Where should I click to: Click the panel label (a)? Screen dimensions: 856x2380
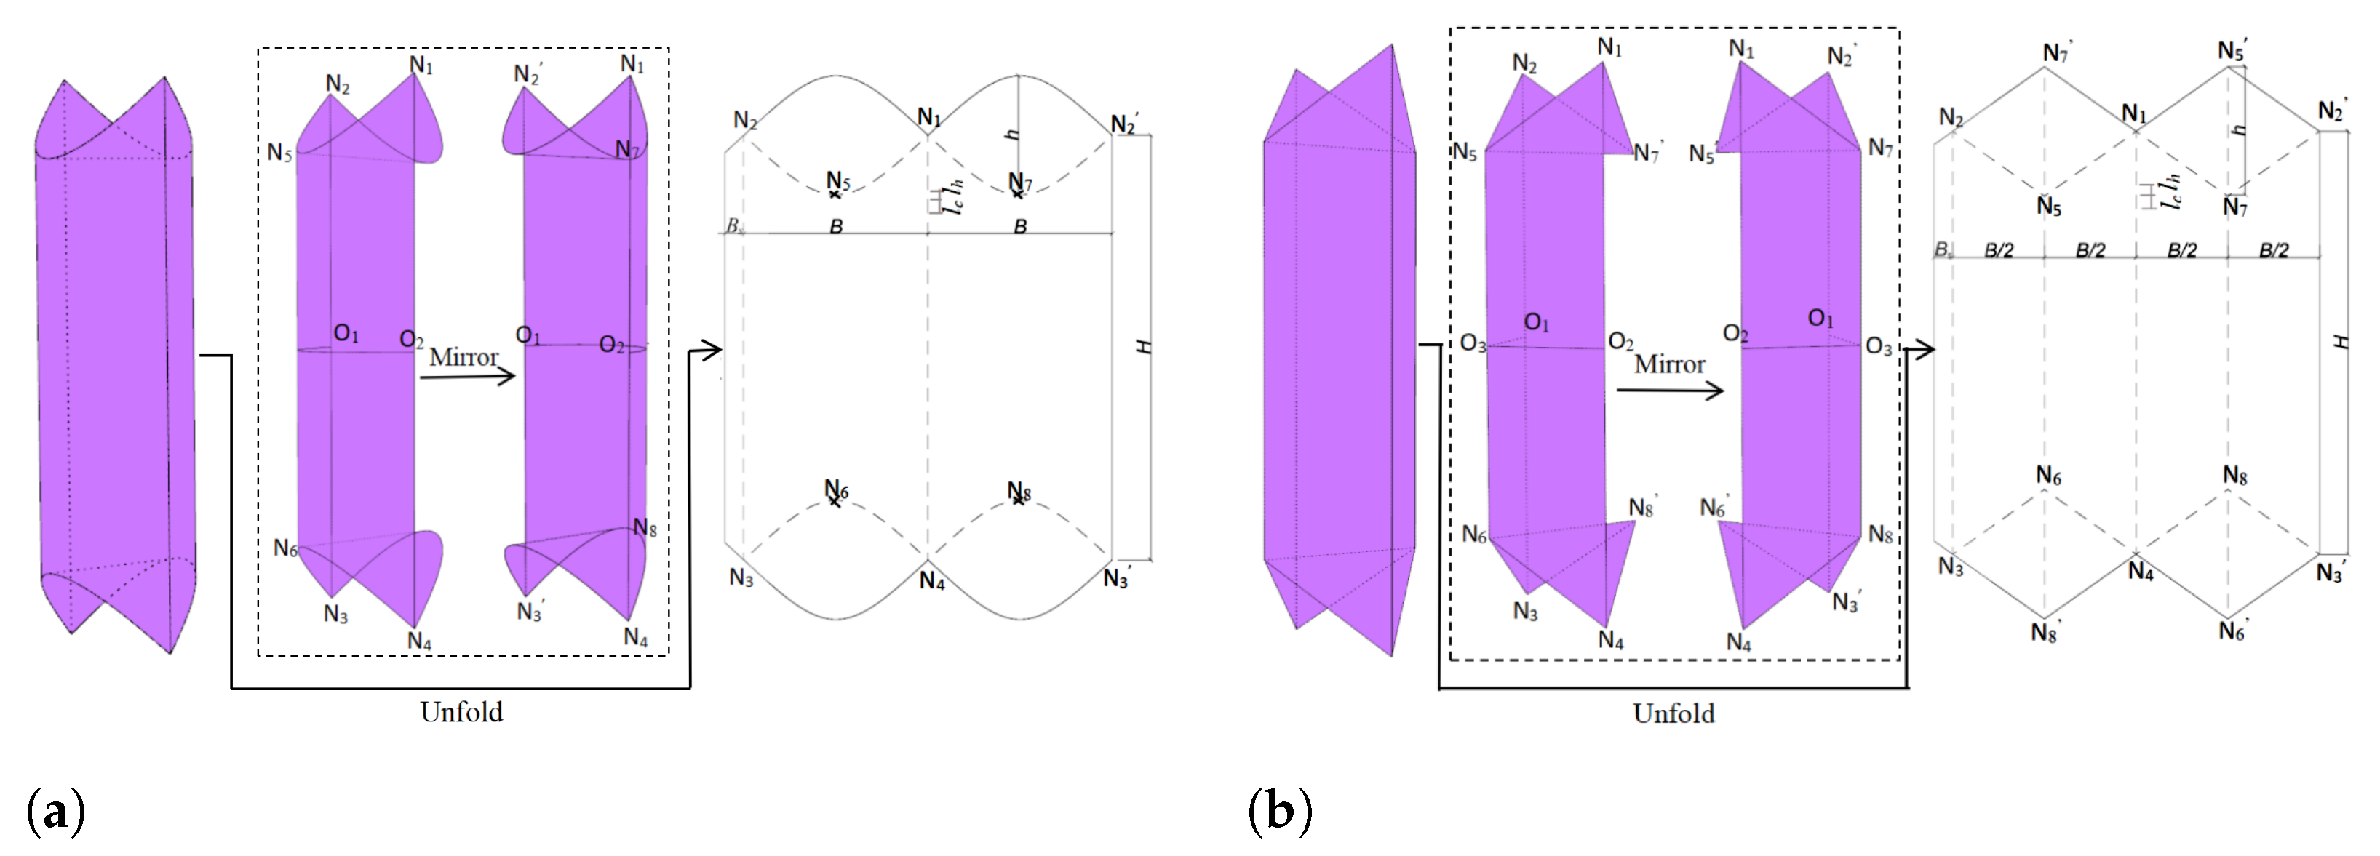(56, 812)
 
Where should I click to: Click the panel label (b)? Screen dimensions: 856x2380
(1280, 812)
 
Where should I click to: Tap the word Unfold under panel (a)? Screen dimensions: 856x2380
(461, 712)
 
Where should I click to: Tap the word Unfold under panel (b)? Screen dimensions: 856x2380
(1673, 713)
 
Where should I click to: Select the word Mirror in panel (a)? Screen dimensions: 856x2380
(463, 356)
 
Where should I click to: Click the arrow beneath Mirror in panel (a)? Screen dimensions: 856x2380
(468, 377)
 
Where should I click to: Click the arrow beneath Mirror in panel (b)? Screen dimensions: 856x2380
(1670, 391)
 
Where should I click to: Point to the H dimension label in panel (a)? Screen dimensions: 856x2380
(1144, 346)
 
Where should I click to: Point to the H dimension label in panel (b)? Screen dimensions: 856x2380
(2340, 342)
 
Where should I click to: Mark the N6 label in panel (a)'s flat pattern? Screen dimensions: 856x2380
(836, 489)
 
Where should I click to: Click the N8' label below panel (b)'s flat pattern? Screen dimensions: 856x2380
(2045, 633)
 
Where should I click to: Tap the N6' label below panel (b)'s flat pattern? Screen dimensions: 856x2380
(2233, 631)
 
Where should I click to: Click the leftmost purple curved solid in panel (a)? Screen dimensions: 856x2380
(116, 369)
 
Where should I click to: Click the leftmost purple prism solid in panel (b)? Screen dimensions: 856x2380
(1339, 351)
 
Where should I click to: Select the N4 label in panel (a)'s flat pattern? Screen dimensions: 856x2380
(931, 582)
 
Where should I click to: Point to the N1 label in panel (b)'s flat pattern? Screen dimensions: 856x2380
(2133, 113)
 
